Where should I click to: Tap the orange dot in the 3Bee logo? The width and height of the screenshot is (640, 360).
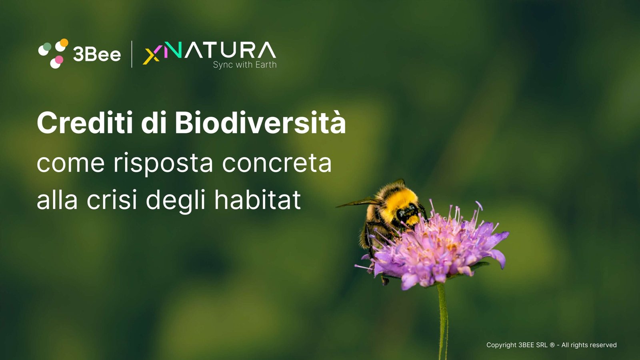point(64,42)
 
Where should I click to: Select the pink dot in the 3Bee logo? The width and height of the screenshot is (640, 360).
point(59,60)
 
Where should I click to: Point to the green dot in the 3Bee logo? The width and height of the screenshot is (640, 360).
point(47,46)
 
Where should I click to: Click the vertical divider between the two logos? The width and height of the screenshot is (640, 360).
point(132,54)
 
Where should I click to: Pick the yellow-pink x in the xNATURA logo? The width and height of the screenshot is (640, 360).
point(151,55)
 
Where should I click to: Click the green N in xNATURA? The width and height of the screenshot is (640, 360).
point(173,50)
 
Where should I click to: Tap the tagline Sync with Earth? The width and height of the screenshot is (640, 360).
point(245,65)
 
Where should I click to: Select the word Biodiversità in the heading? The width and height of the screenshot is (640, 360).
point(260,122)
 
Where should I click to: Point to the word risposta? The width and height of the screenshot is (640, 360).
point(163,164)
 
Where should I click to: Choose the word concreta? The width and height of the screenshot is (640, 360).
point(277,163)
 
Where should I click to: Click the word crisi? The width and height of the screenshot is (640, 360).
point(112,200)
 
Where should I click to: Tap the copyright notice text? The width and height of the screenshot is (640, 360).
point(552,345)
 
